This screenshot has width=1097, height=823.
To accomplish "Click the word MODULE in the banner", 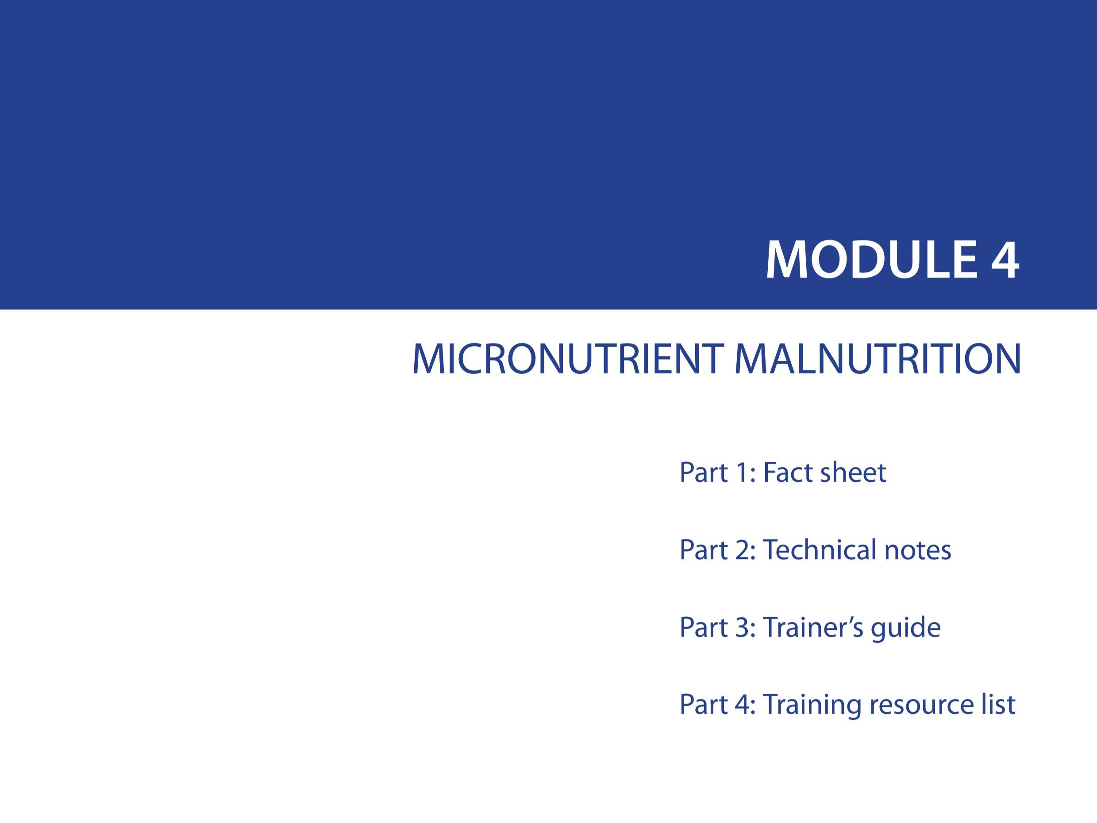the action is point(871,260).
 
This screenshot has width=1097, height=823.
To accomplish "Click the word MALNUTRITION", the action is point(878,359).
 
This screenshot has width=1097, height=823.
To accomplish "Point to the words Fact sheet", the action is point(824,472).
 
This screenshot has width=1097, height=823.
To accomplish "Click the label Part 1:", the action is point(718,472).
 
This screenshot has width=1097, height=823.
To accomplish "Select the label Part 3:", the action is point(718,626).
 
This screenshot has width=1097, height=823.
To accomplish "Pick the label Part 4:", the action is point(718,704).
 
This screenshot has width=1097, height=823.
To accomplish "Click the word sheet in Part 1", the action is point(853,472).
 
